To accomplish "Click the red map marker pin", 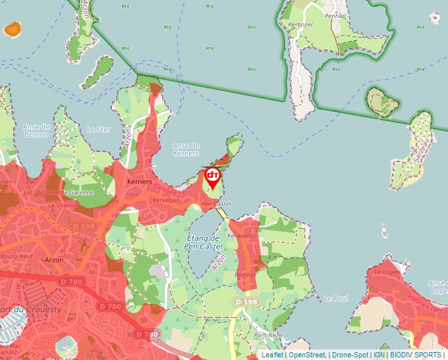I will pyautogui.click(x=213, y=177).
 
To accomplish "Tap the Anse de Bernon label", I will pyautogui.click(x=36, y=130).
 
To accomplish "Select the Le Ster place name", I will pyautogui.click(x=99, y=130).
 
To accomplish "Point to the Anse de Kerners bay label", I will pyautogui.click(x=186, y=149).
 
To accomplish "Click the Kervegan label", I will pyautogui.click(x=165, y=199).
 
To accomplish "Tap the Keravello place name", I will pyautogui.click(x=240, y=235).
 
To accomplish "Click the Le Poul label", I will pyautogui.click(x=335, y=298).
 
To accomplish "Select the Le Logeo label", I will pyautogui.click(x=387, y=271).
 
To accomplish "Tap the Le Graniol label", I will pyautogui.click(x=63, y=205).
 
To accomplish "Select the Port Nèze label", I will pyautogui.click(x=268, y=334).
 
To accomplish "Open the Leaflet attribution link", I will pyautogui.click(x=273, y=355).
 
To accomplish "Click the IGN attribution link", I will pyautogui.click(x=379, y=355).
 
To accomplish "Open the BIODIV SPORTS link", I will pyautogui.click(x=416, y=355).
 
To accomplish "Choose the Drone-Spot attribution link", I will pyautogui.click(x=350, y=355).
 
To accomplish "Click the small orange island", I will pyautogui.click(x=13, y=29).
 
